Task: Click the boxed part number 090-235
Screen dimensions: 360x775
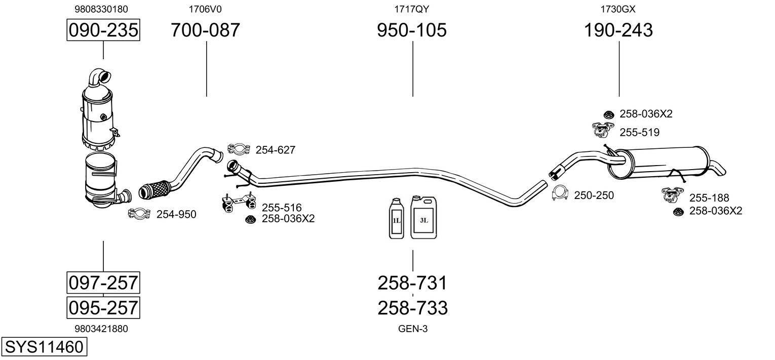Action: (103, 30)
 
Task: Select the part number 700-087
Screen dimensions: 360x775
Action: (205, 30)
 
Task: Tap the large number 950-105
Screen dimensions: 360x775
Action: (412, 30)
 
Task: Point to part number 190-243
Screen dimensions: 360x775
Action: (618, 30)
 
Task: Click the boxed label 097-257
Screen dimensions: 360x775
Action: (103, 282)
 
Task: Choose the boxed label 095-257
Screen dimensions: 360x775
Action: (103, 307)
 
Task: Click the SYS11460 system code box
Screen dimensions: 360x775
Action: (43, 347)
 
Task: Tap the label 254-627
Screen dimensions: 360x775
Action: (275, 150)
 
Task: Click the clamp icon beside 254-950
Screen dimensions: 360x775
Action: (138, 214)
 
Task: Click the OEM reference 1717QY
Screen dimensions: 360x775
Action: (412, 9)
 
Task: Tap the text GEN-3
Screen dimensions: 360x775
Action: (413, 329)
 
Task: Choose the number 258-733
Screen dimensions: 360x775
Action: (412, 307)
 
